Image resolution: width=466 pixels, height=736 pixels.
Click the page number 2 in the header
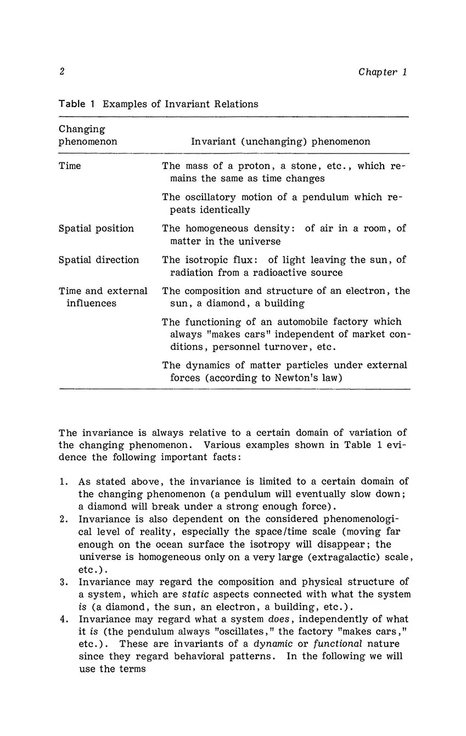[62, 72]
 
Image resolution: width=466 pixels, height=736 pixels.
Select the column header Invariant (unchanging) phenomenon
[280, 141]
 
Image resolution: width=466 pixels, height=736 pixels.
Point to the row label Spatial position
[96, 229]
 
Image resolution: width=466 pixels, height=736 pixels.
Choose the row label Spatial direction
[99, 260]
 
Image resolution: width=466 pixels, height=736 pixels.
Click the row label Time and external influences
[103, 297]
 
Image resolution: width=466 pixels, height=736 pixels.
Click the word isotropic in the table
[205, 260]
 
